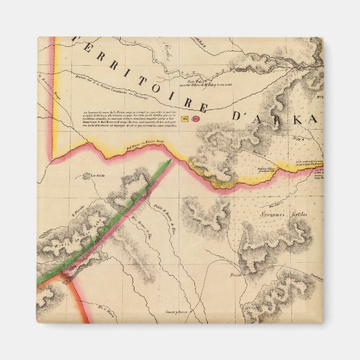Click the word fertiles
(298, 214)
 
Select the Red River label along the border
(145, 145)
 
